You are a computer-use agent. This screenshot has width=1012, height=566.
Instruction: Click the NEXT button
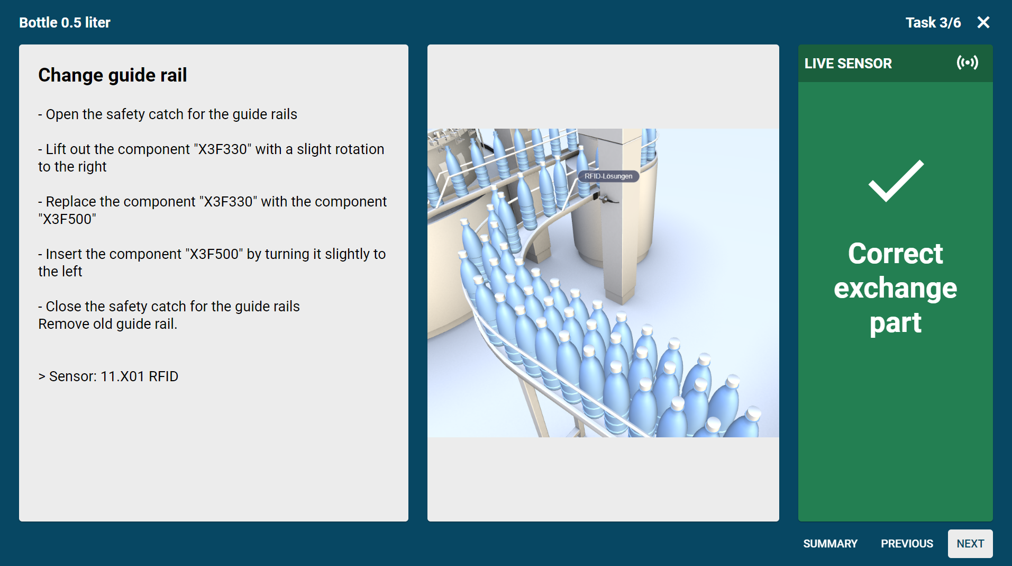click(x=970, y=544)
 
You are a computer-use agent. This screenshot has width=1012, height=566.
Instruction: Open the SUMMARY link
click(x=830, y=544)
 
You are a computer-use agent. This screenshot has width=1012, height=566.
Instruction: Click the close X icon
click(x=983, y=22)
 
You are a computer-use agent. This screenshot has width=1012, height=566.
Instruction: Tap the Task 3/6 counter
click(x=933, y=22)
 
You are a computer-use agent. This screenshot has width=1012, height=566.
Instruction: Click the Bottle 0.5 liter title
click(x=65, y=22)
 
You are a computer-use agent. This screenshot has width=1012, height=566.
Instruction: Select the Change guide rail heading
click(x=113, y=75)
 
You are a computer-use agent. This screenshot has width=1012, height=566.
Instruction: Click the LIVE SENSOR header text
click(x=848, y=64)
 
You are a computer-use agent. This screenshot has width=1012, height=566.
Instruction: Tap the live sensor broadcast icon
click(x=967, y=63)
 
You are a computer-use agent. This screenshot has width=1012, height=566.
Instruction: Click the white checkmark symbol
click(x=896, y=181)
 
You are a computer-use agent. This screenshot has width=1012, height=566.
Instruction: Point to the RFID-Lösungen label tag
click(x=608, y=176)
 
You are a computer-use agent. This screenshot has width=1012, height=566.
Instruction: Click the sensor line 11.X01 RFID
click(x=108, y=376)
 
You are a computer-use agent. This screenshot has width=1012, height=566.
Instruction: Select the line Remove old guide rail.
click(x=108, y=324)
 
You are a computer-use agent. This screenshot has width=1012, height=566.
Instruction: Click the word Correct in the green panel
click(x=895, y=254)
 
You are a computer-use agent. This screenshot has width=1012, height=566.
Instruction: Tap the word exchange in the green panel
click(x=895, y=289)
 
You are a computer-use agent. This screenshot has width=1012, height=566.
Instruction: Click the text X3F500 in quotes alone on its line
click(x=67, y=219)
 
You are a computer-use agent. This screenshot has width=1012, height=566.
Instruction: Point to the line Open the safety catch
click(x=168, y=114)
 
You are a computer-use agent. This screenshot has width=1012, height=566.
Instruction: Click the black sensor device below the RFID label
click(x=604, y=198)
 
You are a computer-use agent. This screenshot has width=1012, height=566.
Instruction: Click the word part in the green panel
click(x=895, y=324)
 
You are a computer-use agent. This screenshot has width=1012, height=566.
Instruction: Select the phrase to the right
click(x=72, y=167)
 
